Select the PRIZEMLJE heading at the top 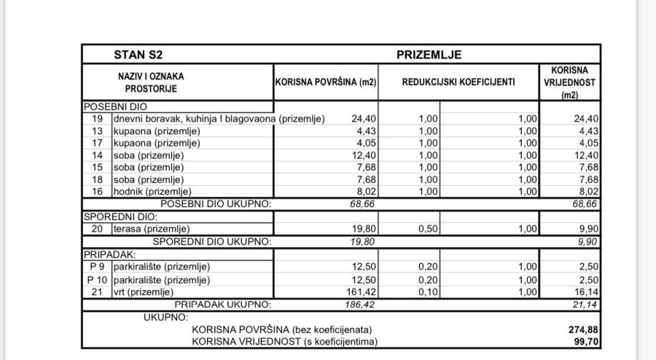429,54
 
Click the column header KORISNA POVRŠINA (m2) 326,82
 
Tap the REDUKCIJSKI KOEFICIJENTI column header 458,82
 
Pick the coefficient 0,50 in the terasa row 428,229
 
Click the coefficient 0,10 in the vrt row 428,292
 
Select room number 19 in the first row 98,119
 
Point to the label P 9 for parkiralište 97,266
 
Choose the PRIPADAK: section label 109,254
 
